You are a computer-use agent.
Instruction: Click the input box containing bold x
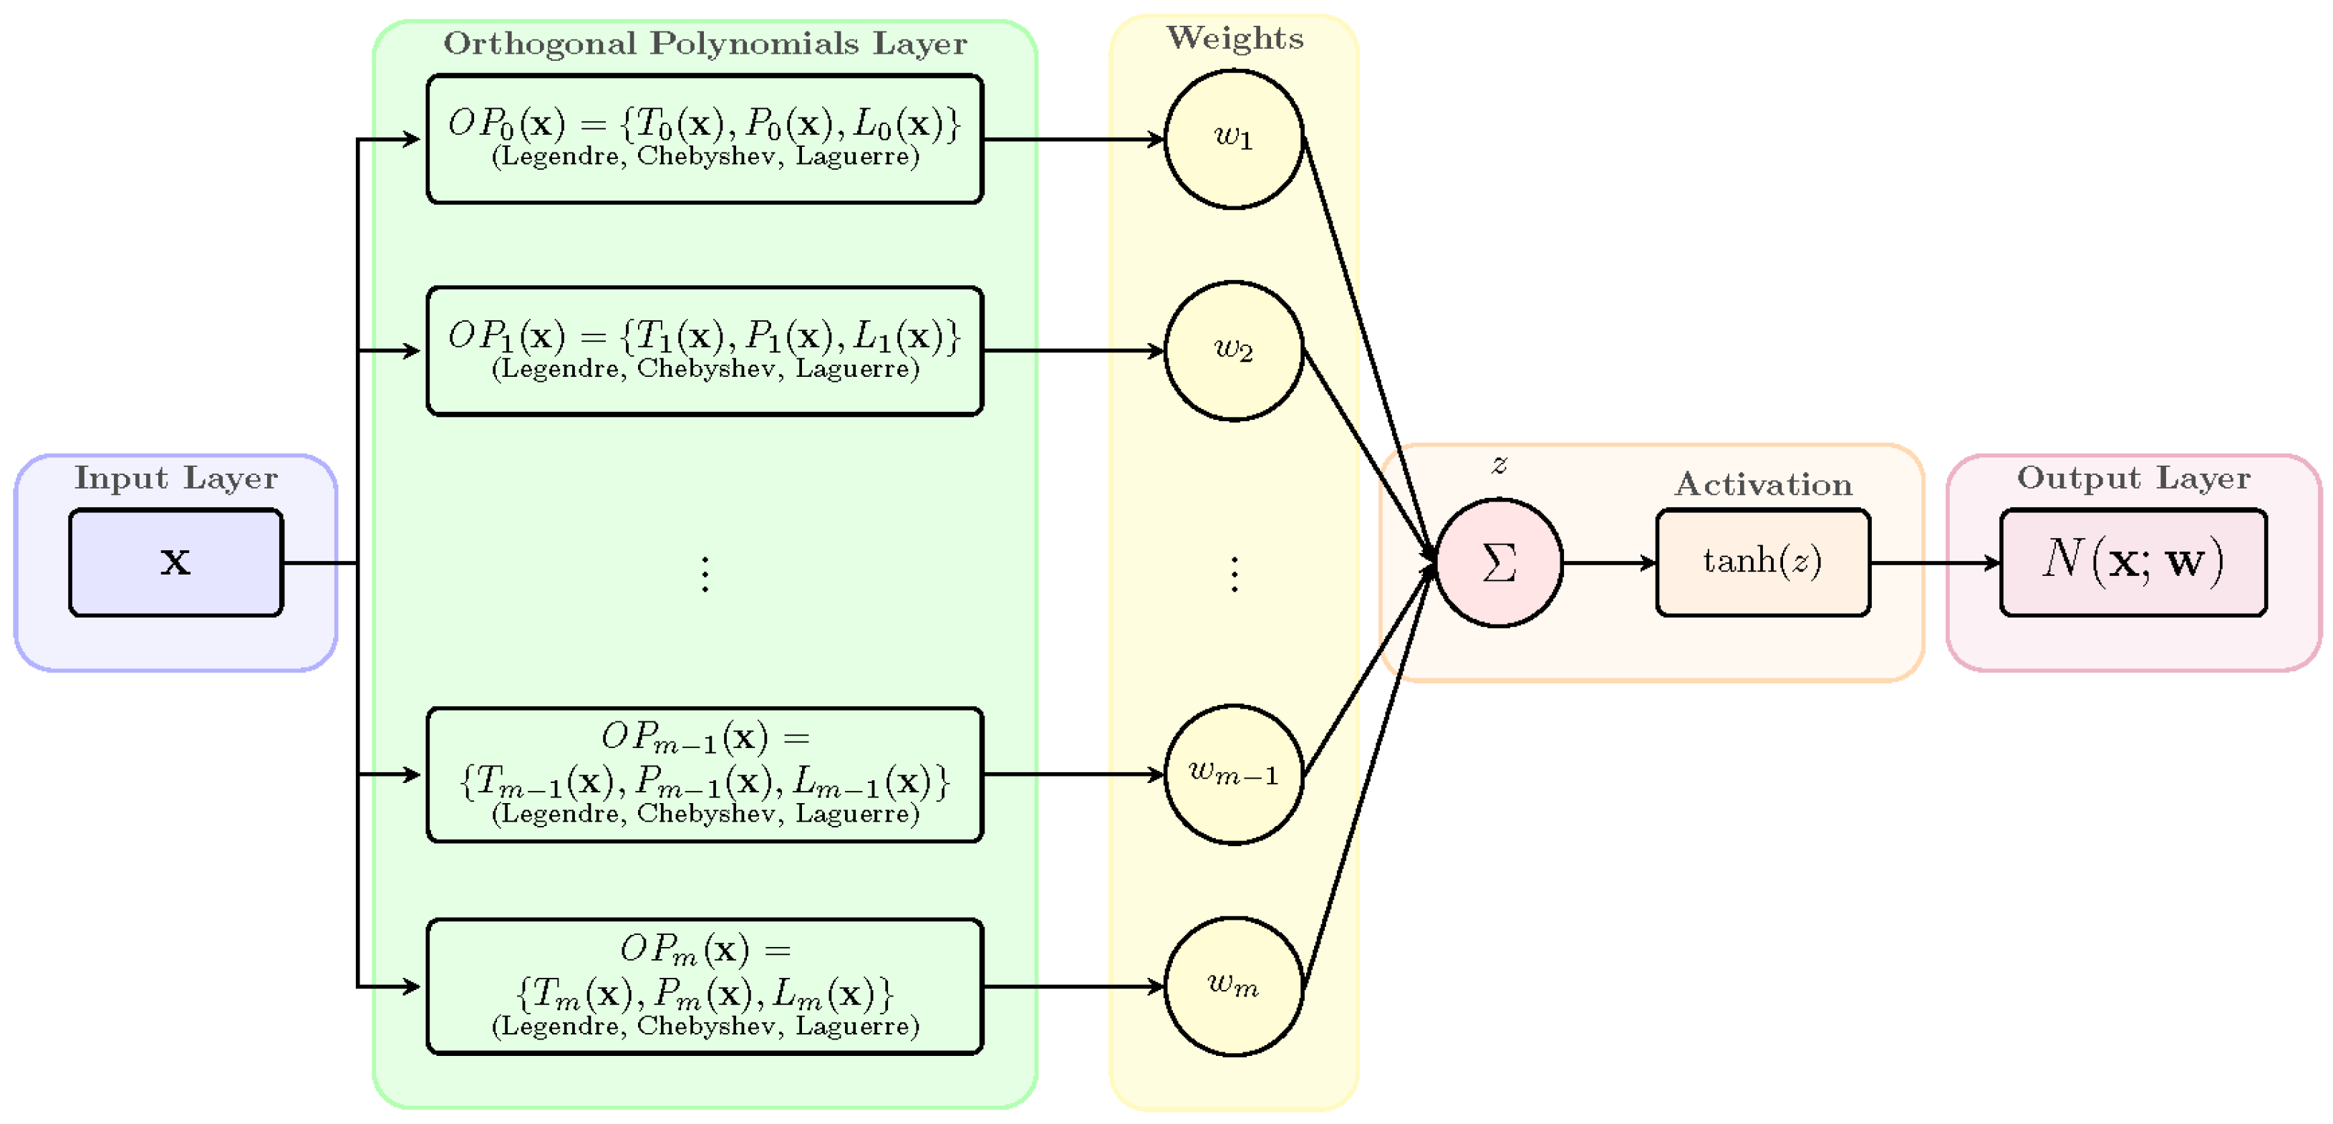(x=175, y=562)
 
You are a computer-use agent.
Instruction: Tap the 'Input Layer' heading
(x=175, y=477)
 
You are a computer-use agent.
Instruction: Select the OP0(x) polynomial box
(x=705, y=138)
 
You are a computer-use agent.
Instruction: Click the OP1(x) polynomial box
(x=705, y=350)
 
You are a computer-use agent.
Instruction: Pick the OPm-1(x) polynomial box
(x=705, y=774)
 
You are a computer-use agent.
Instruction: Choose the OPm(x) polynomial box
(x=705, y=986)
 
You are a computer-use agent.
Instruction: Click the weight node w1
(x=1234, y=138)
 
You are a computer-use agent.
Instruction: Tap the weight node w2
(x=1234, y=350)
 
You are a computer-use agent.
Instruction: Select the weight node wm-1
(x=1234, y=774)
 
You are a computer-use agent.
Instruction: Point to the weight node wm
(x=1234, y=986)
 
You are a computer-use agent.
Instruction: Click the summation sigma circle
(x=1499, y=562)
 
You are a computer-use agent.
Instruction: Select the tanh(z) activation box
(x=1762, y=562)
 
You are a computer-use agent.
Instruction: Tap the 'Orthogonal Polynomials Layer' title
(x=705, y=44)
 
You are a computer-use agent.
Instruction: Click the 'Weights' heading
(x=1235, y=38)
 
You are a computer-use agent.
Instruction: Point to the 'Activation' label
(x=1763, y=484)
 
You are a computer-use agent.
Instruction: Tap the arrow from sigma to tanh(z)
(x=1608, y=562)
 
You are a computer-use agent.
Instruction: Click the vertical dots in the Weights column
(x=1234, y=575)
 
